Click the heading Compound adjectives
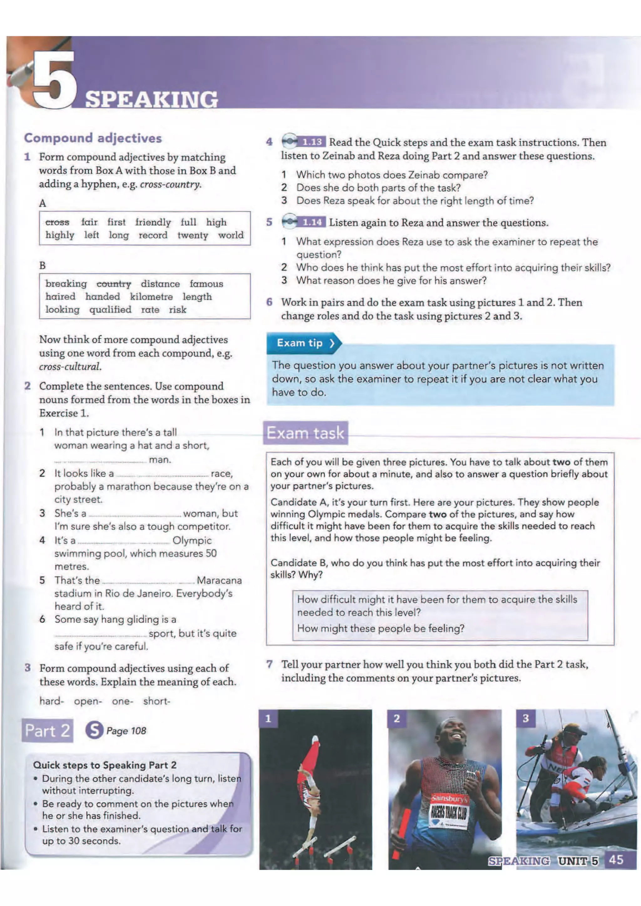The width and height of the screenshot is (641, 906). tap(93, 138)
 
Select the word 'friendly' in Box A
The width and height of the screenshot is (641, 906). tap(153, 222)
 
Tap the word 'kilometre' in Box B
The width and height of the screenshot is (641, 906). tap(151, 297)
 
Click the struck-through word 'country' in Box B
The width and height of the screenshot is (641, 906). tap(114, 284)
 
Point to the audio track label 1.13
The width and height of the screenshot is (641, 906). tap(312, 142)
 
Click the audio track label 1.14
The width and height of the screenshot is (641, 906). tap(312, 222)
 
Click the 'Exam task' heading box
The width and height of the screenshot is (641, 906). tap(305, 433)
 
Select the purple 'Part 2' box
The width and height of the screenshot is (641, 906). tap(47, 731)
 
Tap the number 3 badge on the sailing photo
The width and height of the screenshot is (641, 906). tap(526, 718)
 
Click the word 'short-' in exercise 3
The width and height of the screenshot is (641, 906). tap(156, 701)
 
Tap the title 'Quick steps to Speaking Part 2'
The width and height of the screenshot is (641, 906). tap(105, 765)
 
